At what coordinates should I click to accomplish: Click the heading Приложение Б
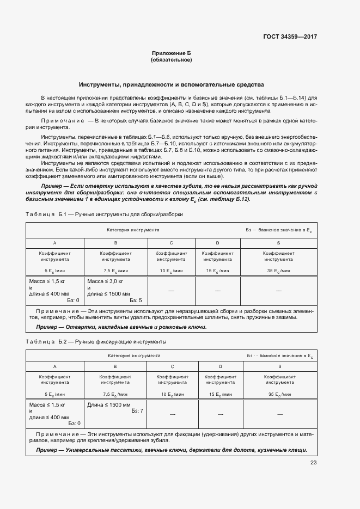[171, 53]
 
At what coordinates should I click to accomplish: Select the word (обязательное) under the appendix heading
[171, 59]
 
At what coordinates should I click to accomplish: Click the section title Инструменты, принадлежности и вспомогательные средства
[171, 85]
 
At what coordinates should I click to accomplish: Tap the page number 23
[313, 463]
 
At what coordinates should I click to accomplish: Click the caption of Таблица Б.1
[104, 214]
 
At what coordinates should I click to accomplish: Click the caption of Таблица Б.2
[96, 341]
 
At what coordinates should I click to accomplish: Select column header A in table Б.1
[54, 243]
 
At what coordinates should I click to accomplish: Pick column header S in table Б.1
[278, 243]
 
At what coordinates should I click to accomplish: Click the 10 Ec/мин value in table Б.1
[171, 271]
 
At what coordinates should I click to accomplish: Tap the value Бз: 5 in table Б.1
[136, 300]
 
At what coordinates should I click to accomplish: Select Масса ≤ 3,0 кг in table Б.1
[106, 281]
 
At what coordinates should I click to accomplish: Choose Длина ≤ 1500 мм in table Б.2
[109, 405]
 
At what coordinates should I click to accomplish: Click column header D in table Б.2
[220, 366]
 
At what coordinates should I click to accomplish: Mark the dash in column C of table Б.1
[171, 291]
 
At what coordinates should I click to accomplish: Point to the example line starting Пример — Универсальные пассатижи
[172, 450]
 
